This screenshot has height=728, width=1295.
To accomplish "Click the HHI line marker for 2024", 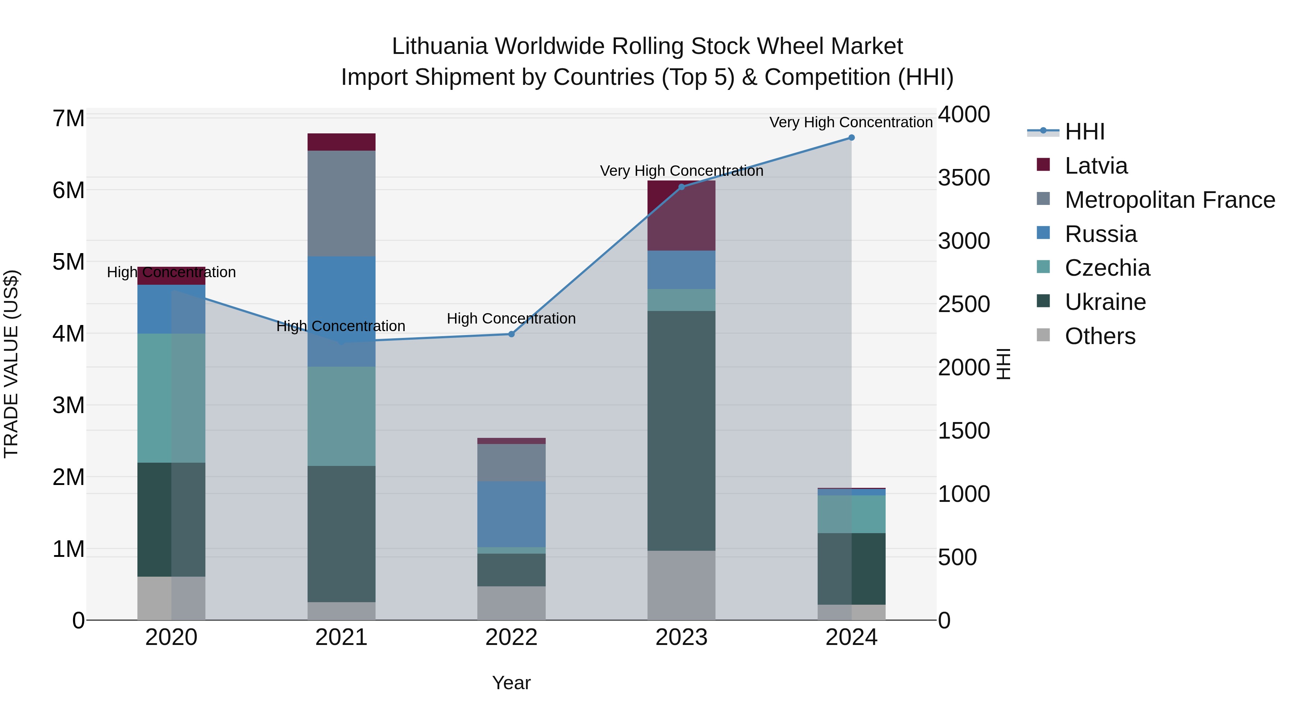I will (851, 138).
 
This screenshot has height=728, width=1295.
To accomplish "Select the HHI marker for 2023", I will (682, 187).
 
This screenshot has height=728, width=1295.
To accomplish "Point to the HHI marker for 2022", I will (511, 334).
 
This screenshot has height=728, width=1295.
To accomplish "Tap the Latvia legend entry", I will (1096, 166).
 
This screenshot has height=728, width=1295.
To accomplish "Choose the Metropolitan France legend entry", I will (1169, 200).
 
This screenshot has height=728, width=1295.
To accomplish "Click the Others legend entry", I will (1100, 336).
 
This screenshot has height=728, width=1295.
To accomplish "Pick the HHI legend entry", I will (1085, 132).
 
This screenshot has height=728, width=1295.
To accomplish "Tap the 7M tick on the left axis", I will (69, 119).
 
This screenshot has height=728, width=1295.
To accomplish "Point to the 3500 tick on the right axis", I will (964, 178).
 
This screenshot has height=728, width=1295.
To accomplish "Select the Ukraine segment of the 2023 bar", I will (681, 431).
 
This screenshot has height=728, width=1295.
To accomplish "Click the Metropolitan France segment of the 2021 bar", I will (341, 203).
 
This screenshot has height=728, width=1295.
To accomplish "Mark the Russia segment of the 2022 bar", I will (511, 514).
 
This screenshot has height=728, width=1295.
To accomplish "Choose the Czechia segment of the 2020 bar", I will (171, 398).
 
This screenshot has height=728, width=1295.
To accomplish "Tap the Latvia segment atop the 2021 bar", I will (341, 142).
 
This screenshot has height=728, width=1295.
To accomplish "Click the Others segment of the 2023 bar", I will (681, 585).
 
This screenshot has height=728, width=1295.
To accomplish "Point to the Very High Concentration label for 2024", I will (851, 123).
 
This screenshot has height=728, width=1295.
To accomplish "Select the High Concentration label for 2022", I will (511, 319).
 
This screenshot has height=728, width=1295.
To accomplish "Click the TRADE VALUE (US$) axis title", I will (11, 364).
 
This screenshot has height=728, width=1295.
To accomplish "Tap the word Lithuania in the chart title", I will (439, 47).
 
